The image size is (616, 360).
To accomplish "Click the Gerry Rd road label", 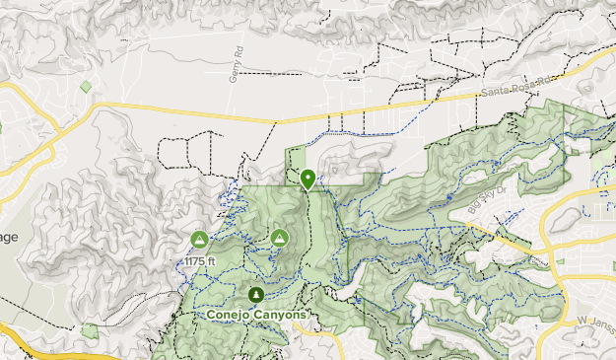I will (236, 64).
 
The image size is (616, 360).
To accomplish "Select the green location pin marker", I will (308, 180).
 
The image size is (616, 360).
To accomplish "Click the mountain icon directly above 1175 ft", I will (199, 239).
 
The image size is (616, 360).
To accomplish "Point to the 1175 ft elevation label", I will (199, 260).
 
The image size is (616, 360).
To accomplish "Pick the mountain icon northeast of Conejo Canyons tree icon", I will (279, 238).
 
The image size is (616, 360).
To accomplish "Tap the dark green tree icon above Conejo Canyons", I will (256, 294).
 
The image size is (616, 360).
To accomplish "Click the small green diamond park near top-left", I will (87, 87).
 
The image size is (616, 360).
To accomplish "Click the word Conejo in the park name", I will (227, 314).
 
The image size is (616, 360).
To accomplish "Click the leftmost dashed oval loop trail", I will (171, 154).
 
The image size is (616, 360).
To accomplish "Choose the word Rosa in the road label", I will (522, 90).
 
